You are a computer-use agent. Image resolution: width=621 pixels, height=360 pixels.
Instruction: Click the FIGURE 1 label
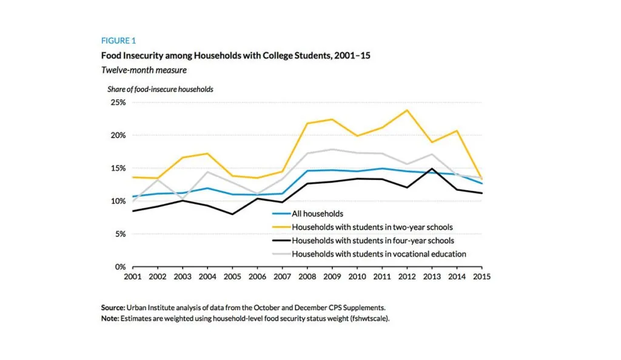[118, 41]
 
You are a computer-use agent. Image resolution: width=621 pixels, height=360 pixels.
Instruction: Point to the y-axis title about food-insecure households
[160, 89]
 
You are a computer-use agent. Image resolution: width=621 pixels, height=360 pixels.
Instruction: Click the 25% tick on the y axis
[117, 102]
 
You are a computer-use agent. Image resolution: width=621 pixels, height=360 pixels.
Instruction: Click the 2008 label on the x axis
[307, 276]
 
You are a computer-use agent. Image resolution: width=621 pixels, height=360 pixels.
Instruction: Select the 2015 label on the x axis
[482, 276]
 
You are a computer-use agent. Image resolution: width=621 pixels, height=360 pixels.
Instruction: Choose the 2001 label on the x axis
[133, 276]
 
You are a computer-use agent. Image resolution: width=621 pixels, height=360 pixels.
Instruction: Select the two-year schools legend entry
[372, 227]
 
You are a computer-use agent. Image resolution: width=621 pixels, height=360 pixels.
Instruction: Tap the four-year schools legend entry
[372, 241]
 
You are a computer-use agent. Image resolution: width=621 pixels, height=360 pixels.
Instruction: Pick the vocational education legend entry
[379, 254]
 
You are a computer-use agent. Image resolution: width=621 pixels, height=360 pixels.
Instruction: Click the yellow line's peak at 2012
[407, 110]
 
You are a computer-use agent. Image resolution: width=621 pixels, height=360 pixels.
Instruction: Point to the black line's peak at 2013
[432, 169]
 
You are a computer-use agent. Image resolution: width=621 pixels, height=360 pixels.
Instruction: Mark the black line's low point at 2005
[233, 214]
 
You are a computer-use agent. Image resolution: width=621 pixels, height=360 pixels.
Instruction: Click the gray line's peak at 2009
[332, 149]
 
